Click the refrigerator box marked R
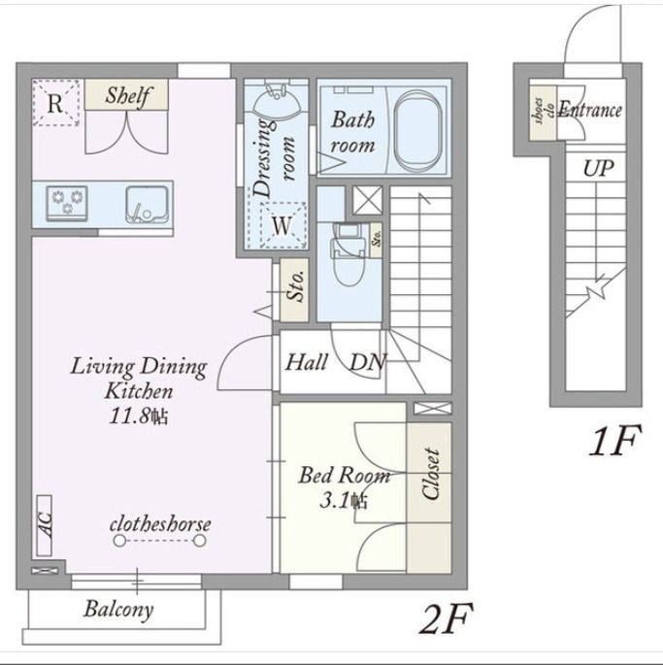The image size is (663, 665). click(x=56, y=103)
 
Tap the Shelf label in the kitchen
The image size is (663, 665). click(x=127, y=96)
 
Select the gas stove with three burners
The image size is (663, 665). click(x=67, y=204)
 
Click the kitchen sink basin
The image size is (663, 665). click(x=147, y=205)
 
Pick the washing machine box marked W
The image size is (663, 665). click(x=282, y=225)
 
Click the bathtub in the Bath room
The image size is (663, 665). click(x=417, y=131)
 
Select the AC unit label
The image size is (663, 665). click(x=45, y=525)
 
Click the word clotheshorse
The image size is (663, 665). click(x=160, y=524)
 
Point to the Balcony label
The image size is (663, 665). click(x=118, y=610)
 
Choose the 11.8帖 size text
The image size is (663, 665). click(x=138, y=416)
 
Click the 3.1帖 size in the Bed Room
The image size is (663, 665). click(x=344, y=501)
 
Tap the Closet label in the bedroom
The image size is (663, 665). click(x=430, y=474)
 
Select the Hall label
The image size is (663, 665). click(x=306, y=363)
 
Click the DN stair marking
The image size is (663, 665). click(x=368, y=362)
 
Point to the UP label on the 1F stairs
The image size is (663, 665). click(x=598, y=168)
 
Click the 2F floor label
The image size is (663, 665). click(x=446, y=618)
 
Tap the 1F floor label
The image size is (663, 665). click(x=614, y=441)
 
